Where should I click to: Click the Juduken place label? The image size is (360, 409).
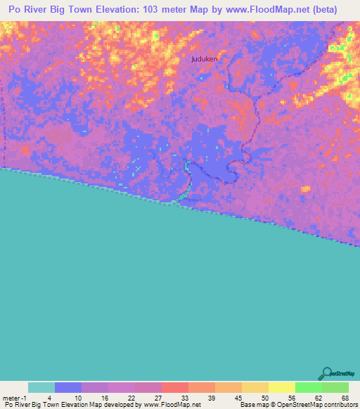click(x=205, y=60)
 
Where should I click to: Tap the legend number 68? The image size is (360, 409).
click(x=345, y=397)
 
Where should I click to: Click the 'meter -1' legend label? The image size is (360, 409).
click(x=13, y=397)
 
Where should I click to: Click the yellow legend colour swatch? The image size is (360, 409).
click(x=282, y=387)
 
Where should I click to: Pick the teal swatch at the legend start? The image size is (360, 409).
click(x=41, y=387)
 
